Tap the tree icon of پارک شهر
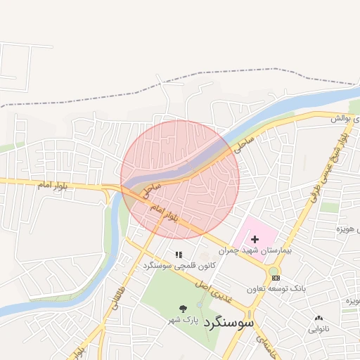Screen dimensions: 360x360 [x=184, y=309]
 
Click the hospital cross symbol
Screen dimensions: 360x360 [x=255, y=240]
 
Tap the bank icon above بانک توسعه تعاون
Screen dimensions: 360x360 [x=275, y=278]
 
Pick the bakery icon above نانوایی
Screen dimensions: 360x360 [x=319, y=319]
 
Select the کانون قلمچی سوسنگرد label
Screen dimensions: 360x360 [x=179, y=265]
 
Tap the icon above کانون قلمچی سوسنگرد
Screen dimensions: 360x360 [x=179, y=255]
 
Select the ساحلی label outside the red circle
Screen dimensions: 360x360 [x=244, y=143]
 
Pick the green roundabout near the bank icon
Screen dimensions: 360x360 [x=274, y=271]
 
